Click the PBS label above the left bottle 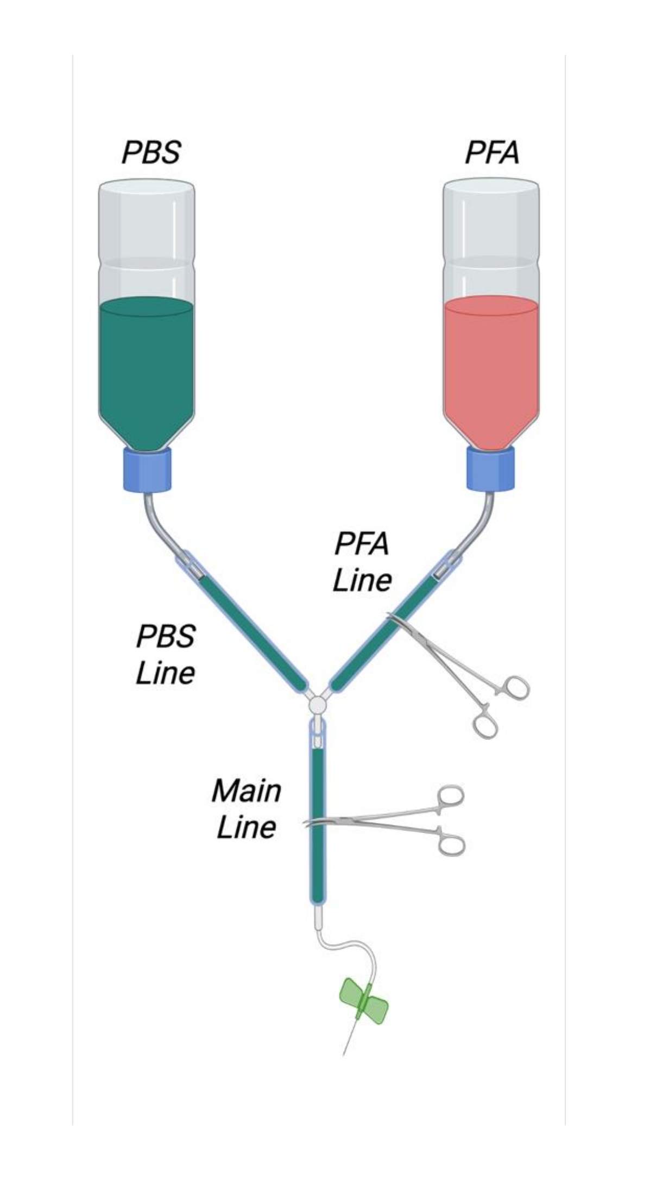[150, 152]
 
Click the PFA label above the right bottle [492, 152]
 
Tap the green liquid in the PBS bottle [147, 369]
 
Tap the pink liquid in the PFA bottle [491, 369]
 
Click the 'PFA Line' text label [362, 562]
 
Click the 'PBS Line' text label [165, 654]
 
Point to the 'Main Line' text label [246, 808]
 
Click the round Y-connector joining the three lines [317, 705]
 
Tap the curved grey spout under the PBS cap [157, 522]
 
